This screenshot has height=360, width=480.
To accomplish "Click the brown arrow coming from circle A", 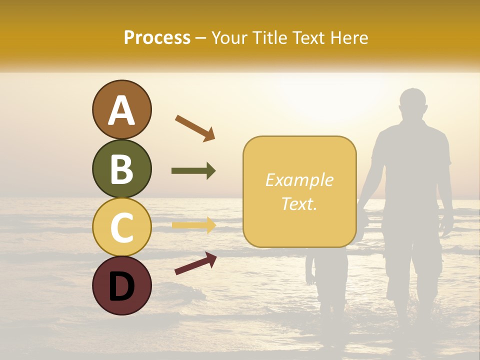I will coord(195,128).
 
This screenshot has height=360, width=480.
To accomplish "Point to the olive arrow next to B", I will coord(193,171).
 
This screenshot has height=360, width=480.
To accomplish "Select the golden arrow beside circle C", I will coord(193,225).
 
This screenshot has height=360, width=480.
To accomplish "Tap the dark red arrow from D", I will coord(195,263).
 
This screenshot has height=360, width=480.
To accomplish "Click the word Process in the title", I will coord(157,37).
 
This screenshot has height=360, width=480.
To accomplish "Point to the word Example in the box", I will coord(299,180).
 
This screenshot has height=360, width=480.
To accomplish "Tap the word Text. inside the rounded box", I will coord(299,203).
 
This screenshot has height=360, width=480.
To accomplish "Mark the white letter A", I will coord(121,111).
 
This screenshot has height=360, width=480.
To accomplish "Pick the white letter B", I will coord(121,169).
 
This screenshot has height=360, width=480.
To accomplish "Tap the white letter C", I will coord(121,227).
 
